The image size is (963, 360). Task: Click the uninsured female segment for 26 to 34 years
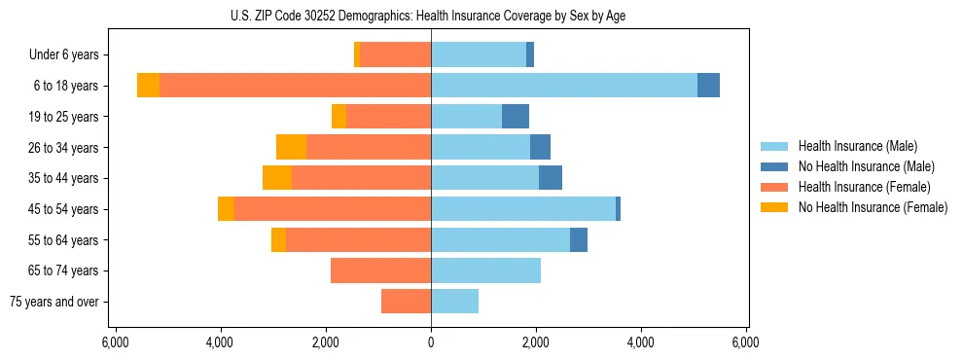coord(291,147)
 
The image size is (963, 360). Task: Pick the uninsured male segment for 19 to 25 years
coord(516,117)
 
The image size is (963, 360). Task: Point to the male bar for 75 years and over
coord(454,302)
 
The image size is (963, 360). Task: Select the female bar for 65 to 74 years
coord(380,270)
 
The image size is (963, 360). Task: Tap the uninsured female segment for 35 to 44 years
coord(277,178)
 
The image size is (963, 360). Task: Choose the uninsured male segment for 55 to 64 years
coord(579,239)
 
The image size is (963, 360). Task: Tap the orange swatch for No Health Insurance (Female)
coord(775,207)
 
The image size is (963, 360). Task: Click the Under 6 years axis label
coord(70,55)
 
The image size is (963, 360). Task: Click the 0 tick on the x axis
coord(431,342)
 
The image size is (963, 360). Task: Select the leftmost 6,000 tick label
coord(116,342)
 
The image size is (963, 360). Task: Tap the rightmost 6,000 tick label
coord(746,342)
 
